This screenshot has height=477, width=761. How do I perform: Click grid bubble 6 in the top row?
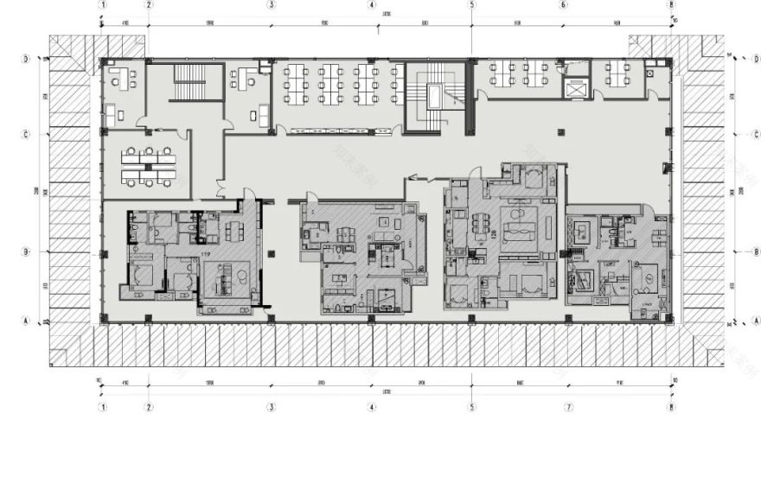(564, 4)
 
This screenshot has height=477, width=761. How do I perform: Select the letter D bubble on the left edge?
(27, 60)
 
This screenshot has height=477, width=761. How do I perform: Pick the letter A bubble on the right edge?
(756, 320)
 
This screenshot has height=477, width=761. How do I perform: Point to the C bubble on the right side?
(756, 134)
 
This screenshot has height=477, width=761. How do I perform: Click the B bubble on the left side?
(27, 251)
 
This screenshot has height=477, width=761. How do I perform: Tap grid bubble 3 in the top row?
(272, 4)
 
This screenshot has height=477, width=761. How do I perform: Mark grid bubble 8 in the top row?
(671, 4)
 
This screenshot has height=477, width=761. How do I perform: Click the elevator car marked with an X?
(574, 88)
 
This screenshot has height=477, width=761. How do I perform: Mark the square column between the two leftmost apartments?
(272, 252)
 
